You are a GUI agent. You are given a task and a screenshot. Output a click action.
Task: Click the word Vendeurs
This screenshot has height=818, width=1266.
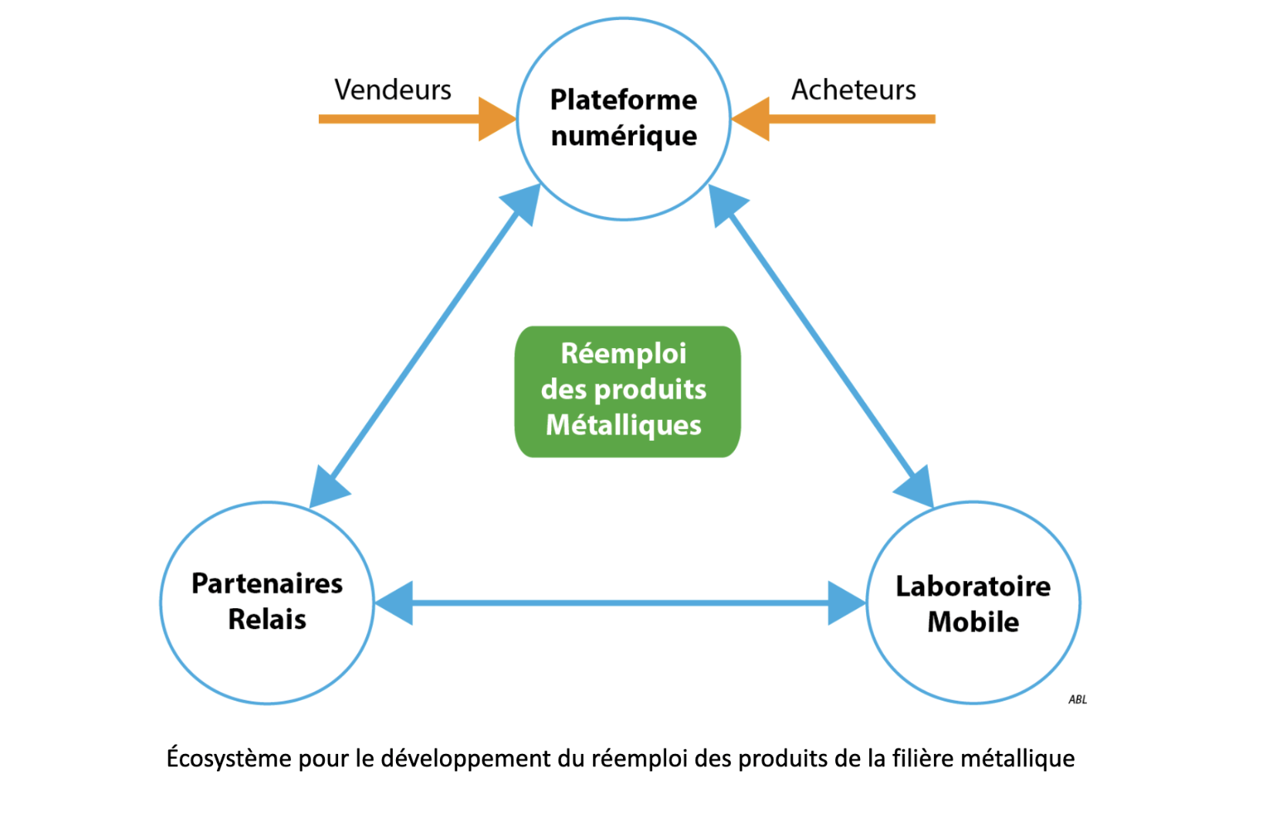click(x=392, y=90)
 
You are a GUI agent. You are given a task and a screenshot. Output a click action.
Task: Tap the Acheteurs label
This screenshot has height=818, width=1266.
click(x=853, y=90)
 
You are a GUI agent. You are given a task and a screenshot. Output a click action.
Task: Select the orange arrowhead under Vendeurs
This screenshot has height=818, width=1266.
click(x=496, y=119)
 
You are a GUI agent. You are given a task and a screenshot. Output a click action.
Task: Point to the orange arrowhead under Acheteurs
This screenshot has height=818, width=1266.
click(x=752, y=119)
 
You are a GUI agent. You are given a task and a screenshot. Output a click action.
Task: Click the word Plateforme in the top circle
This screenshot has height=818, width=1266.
click(x=623, y=100)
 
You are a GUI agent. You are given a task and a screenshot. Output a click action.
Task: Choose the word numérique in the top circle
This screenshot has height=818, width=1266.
click(x=624, y=136)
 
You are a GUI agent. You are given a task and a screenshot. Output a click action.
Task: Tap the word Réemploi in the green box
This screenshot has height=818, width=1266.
click(x=623, y=353)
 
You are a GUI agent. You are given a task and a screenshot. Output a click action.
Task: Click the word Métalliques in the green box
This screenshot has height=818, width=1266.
click(x=623, y=425)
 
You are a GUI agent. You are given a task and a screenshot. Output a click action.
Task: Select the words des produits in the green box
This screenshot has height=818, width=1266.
click(x=623, y=389)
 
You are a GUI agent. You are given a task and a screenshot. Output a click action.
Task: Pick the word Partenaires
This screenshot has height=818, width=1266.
click(x=267, y=583)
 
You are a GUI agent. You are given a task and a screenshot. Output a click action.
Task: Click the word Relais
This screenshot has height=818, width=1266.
click(x=267, y=620)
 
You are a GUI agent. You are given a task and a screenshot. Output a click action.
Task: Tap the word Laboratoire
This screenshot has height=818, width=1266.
click(x=973, y=586)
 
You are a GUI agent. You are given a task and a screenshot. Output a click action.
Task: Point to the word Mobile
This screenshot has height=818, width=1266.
click(x=973, y=622)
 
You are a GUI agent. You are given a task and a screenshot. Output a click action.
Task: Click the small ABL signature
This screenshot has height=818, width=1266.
click(x=1077, y=700)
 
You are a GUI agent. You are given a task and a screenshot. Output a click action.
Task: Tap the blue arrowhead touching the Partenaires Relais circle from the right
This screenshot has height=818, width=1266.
click(x=395, y=603)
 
